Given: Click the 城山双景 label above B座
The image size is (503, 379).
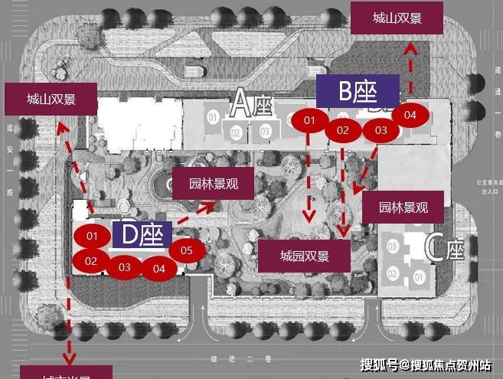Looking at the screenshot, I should pos(397,18).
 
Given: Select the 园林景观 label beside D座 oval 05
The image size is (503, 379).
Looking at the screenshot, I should pos(212,184).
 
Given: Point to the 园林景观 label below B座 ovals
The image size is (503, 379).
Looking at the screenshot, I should pos(404,207).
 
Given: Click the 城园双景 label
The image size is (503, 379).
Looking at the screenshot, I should pos(304,256).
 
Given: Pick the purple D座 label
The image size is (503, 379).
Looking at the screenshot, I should pos(142,235).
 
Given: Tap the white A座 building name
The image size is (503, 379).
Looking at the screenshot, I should pos(253,103).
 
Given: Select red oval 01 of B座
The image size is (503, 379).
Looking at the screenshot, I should pos(310,121).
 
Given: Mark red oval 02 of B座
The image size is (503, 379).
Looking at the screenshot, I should pos(343,131).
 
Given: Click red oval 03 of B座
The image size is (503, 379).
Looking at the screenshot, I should pos(381,131).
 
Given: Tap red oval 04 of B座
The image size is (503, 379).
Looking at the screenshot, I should pos(410,115).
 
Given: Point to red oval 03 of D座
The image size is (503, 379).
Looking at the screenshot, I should pos(125,267).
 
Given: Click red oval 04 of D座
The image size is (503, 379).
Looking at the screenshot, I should pos(158,269).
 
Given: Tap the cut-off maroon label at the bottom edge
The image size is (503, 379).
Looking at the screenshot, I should pos(67,373).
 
